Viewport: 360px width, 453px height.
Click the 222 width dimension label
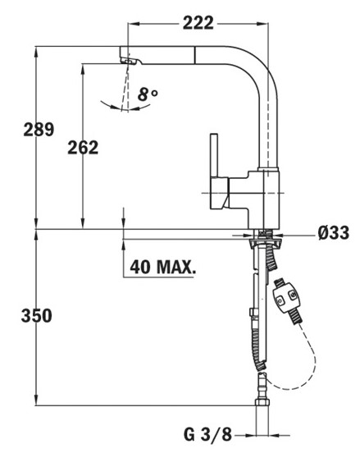point(198,23)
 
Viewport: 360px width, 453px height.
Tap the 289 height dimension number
point(39,129)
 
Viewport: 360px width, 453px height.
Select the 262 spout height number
point(83,148)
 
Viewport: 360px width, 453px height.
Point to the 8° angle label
point(148,94)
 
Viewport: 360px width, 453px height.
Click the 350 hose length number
point(37,315)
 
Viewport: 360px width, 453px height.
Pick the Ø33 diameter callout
point(334,232)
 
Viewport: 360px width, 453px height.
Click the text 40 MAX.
point(163,267)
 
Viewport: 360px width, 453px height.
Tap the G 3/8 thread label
point(207,434)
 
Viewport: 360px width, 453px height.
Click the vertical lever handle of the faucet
point(214,155)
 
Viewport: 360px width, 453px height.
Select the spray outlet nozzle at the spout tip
point(130,61)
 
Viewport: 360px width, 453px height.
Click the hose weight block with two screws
point(286,299)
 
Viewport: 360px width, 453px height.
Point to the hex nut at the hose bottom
point(262,402)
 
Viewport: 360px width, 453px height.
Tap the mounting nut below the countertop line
point(264,242)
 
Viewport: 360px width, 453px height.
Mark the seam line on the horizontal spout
point(195,55)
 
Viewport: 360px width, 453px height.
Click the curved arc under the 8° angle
point(125,108)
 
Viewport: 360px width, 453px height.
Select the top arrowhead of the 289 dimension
point(36,51)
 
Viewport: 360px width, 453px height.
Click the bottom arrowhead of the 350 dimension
point(36,400)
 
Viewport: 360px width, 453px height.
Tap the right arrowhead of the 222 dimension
point(262,24)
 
